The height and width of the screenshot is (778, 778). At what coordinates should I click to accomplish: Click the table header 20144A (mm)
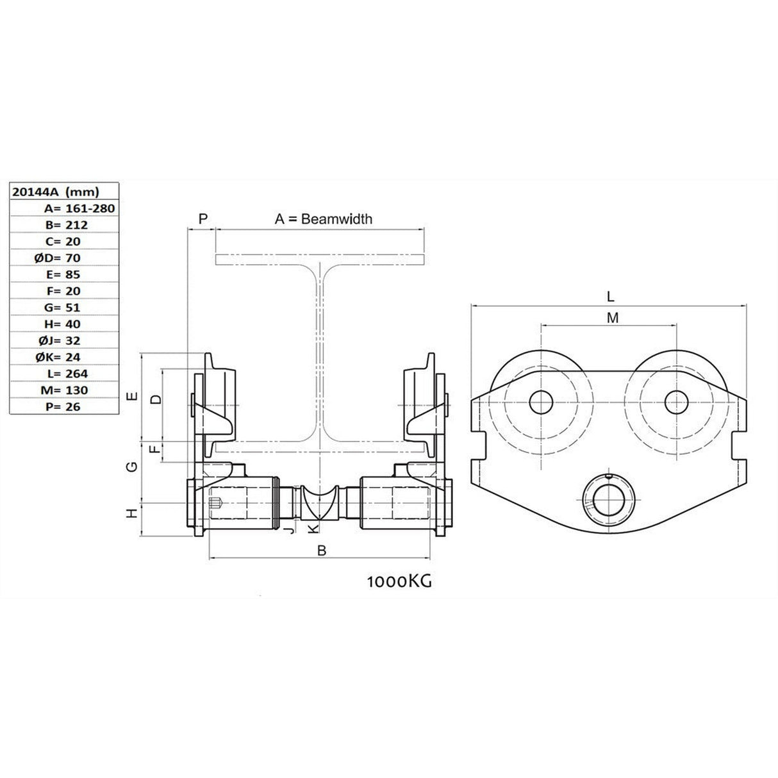pos(56,191)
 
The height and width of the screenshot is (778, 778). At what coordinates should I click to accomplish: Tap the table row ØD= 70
pos(64,258)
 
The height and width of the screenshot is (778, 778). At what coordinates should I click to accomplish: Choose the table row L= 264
pos(64,373)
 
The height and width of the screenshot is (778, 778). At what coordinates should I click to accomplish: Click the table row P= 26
pos(64,406)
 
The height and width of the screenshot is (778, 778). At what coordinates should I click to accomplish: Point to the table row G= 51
pos(64,307)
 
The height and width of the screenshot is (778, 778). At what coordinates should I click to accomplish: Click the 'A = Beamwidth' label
pos(323,219)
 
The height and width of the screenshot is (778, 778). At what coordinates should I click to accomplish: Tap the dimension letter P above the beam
pos(203,219)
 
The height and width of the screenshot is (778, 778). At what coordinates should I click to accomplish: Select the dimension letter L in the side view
pos(610,296)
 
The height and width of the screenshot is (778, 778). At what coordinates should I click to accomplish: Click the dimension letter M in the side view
pos(613,317)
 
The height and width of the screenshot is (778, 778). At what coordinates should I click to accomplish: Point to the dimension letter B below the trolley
pos(322,550)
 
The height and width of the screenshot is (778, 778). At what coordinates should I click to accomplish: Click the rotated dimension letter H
pos(131,513)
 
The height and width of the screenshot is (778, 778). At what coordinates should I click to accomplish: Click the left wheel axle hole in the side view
pos(542,402)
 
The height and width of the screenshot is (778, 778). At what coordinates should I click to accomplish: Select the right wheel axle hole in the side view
pos(677,402)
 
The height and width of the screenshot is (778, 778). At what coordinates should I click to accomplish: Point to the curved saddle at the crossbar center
pos(319,503)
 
